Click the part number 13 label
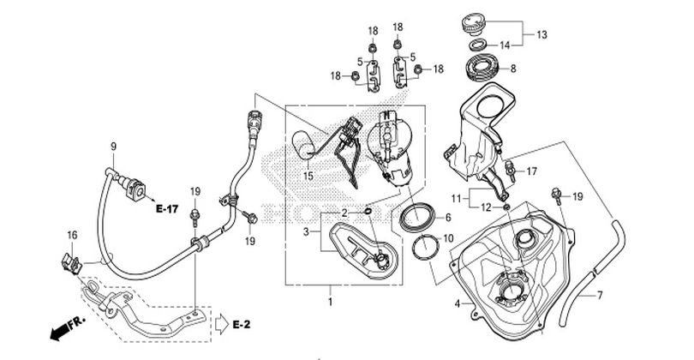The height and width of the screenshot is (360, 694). [541, 34]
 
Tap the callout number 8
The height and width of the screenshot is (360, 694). [513, 69]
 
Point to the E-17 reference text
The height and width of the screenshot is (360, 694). [167, 208]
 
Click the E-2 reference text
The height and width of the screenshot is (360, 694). [242, 325]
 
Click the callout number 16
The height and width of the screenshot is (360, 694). [72, 235]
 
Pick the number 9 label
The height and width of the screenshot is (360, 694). [113, 147]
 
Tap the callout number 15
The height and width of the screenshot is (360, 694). [308, 176]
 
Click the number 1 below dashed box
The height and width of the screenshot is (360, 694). [330, 302]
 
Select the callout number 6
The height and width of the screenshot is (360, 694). [448, 218]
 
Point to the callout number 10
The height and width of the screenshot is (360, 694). [448, 238]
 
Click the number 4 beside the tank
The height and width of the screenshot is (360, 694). [458, 303]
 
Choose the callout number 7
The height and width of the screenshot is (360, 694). [600, 295]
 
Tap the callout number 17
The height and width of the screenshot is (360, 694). [531, 171]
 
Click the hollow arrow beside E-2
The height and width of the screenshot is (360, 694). [221, 324]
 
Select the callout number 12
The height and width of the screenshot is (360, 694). [486, 207]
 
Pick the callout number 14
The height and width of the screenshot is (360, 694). [505, 45]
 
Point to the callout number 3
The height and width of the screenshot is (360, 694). [305, 231]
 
